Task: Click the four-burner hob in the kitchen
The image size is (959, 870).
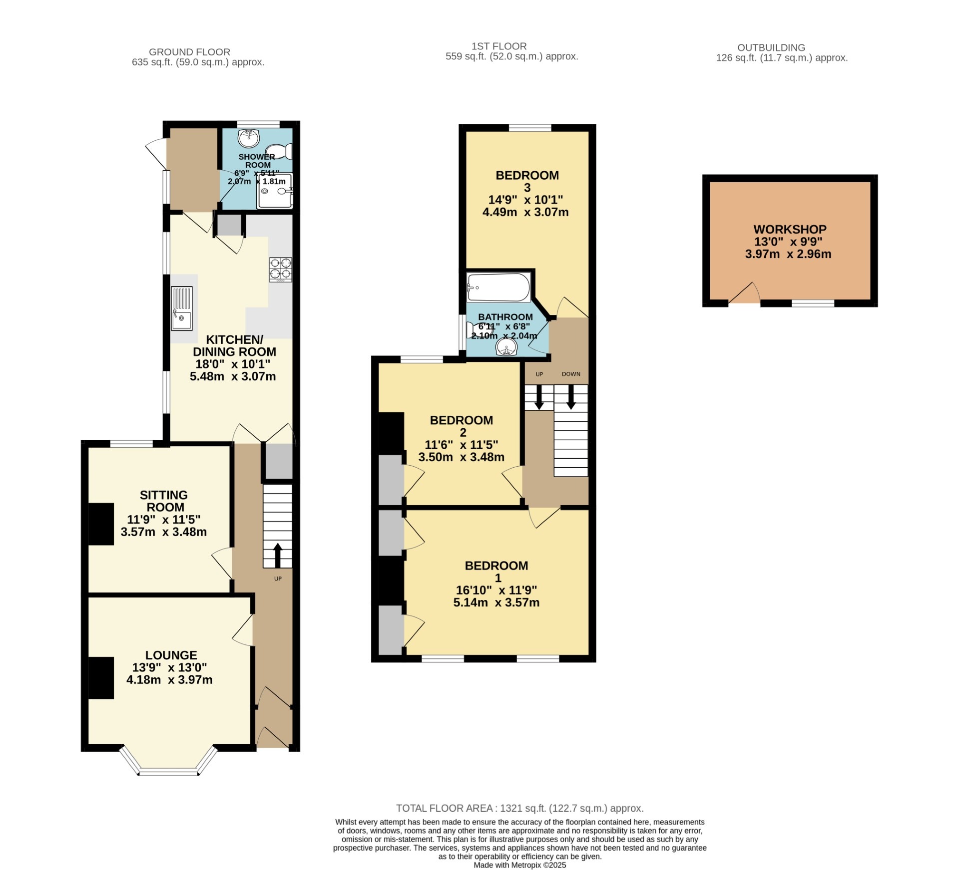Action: [x=281, y=269]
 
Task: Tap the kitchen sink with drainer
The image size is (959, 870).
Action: [x=181, y=308]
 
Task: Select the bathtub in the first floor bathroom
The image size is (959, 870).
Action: [x=498, y=288]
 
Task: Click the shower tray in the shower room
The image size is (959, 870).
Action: [x=274, y=191]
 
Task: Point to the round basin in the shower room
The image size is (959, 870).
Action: [x=248, y=138]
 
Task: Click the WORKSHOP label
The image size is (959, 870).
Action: [x=790, y=230]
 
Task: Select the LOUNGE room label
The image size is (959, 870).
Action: [x=171, y=655]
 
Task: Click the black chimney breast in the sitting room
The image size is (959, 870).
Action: [x=101, y=524]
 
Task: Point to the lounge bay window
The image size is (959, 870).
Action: [x=169, y=771]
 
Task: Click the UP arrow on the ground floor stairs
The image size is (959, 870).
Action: [x=278, y=555]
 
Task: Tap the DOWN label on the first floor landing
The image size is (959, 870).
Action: [x=571, y=374]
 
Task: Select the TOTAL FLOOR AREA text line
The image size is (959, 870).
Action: [x=519, y=808]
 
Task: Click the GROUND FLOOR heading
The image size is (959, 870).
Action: [x=189, y=52]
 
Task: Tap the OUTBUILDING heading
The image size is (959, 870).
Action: [x=771, y=48]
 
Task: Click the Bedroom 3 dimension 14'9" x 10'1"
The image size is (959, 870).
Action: [x=525, y=200]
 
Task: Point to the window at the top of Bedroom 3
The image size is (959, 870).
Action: [x=530, y=128]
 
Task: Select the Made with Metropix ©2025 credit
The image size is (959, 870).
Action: [x=519, y=865]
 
